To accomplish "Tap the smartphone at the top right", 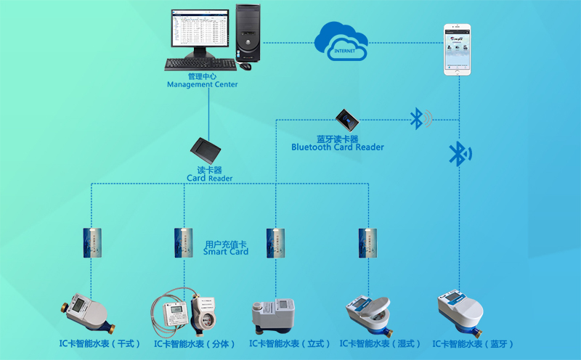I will point(459,49).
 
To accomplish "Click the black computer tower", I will point(248,33).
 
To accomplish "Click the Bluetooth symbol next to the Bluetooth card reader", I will point(419,118).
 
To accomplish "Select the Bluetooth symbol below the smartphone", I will point(458,153).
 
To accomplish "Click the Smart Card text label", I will point(226,247).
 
